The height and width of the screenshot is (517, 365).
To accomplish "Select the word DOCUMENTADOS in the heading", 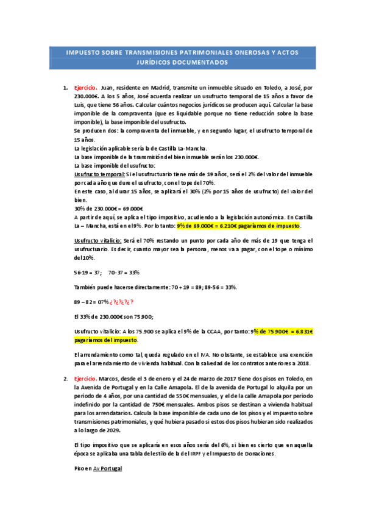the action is click(198, 62).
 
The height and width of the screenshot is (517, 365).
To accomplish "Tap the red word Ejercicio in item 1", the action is click(86, 88).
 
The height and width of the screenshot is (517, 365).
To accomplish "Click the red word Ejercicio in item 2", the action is click(86, 362).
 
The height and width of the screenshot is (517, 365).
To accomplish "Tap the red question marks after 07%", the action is click(122, 302).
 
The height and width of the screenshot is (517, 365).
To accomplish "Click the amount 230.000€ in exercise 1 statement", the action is click(86, 96).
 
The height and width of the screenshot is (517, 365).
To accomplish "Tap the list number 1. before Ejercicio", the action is click(66, 88).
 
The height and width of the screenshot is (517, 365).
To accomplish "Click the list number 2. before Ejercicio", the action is click(66, 362).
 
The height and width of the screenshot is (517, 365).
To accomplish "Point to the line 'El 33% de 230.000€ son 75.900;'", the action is click(113, 316).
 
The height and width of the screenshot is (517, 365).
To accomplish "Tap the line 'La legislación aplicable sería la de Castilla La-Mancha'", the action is click(140, 148).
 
